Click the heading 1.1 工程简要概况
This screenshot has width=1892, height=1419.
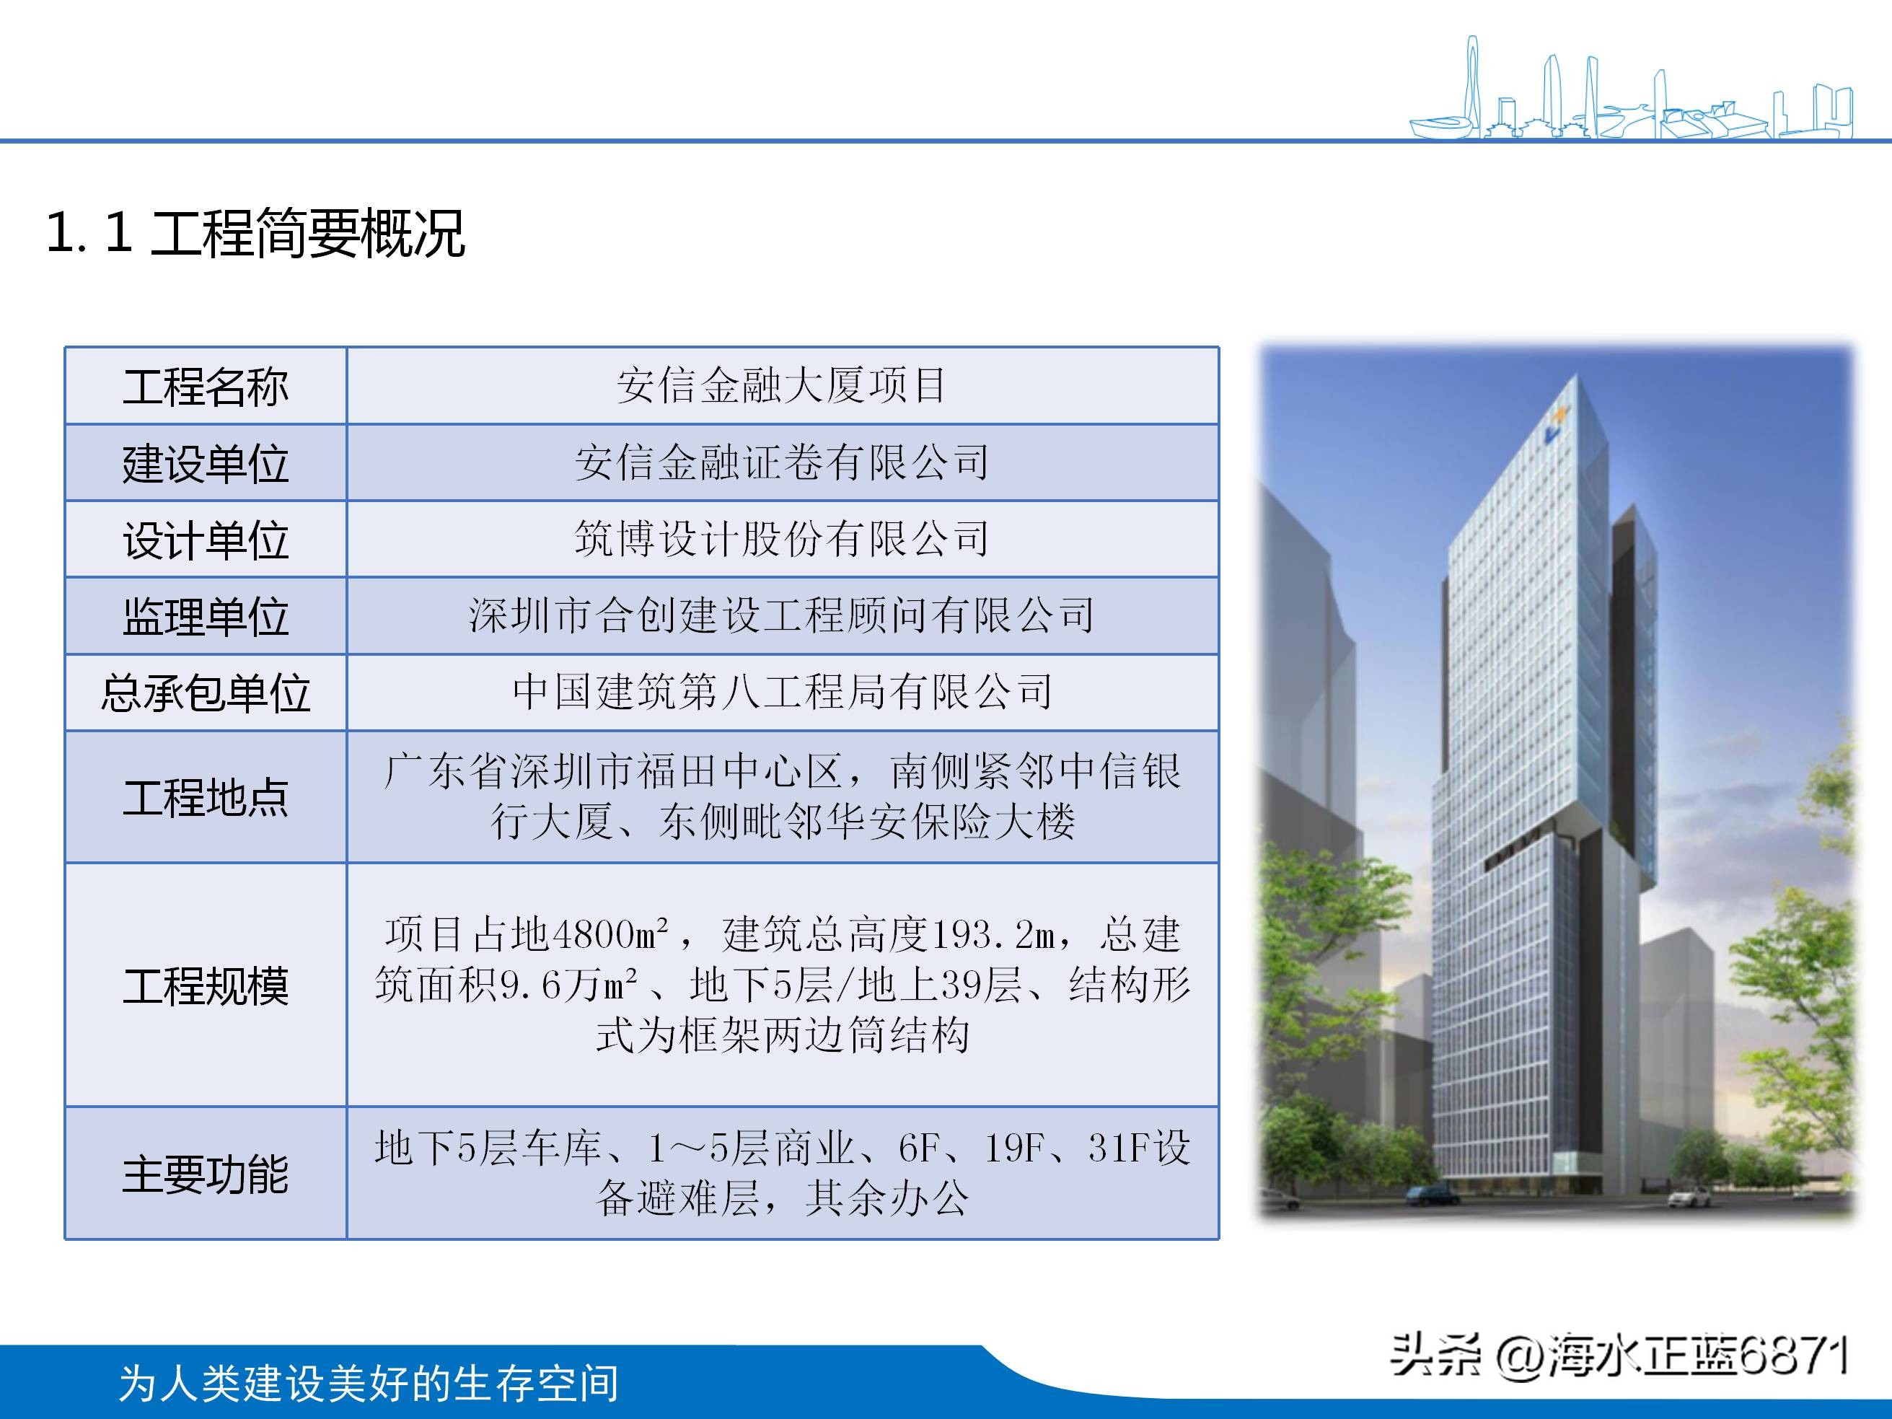[255, 232]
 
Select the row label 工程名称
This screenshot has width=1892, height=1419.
[206, 387]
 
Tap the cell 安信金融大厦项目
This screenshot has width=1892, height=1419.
[782, 386]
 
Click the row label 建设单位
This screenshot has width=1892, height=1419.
[206, 464]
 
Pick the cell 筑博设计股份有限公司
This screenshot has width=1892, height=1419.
[782, 540]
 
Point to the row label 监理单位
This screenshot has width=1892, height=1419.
[206, 617]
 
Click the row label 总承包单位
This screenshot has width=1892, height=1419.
[206, 693]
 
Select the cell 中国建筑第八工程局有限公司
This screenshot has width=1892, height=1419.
[782, 692]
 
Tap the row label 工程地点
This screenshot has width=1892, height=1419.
[206, 797]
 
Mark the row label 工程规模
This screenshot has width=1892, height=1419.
[206, 985]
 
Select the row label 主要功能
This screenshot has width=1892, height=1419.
[206, 1174]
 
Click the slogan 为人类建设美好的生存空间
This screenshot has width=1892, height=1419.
[369, 1383]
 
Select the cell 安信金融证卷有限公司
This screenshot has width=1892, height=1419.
[782, 462]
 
